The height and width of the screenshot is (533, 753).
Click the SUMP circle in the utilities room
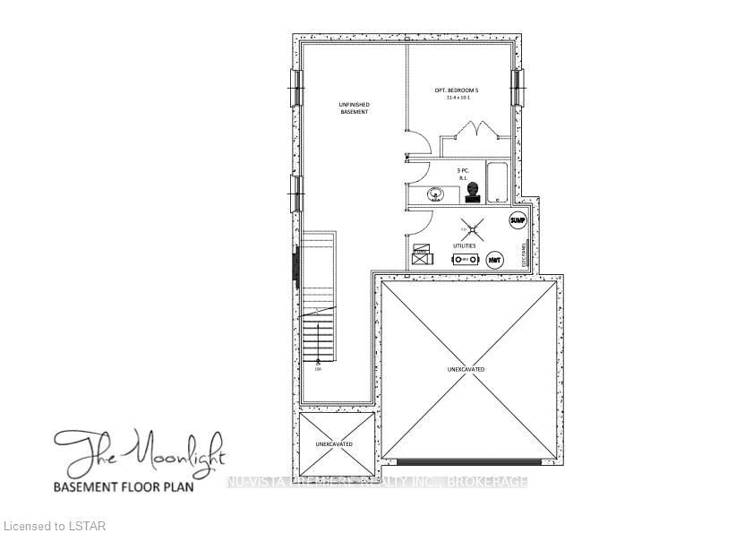(x=517, y=219)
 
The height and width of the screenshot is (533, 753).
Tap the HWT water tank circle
(x=495, y=260)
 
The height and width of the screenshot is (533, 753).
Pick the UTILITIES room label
(x=463, y=245)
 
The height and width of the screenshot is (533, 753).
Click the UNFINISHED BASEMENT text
(x=355, y=107)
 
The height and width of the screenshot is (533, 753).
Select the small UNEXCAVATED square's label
(x=334, y=444)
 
